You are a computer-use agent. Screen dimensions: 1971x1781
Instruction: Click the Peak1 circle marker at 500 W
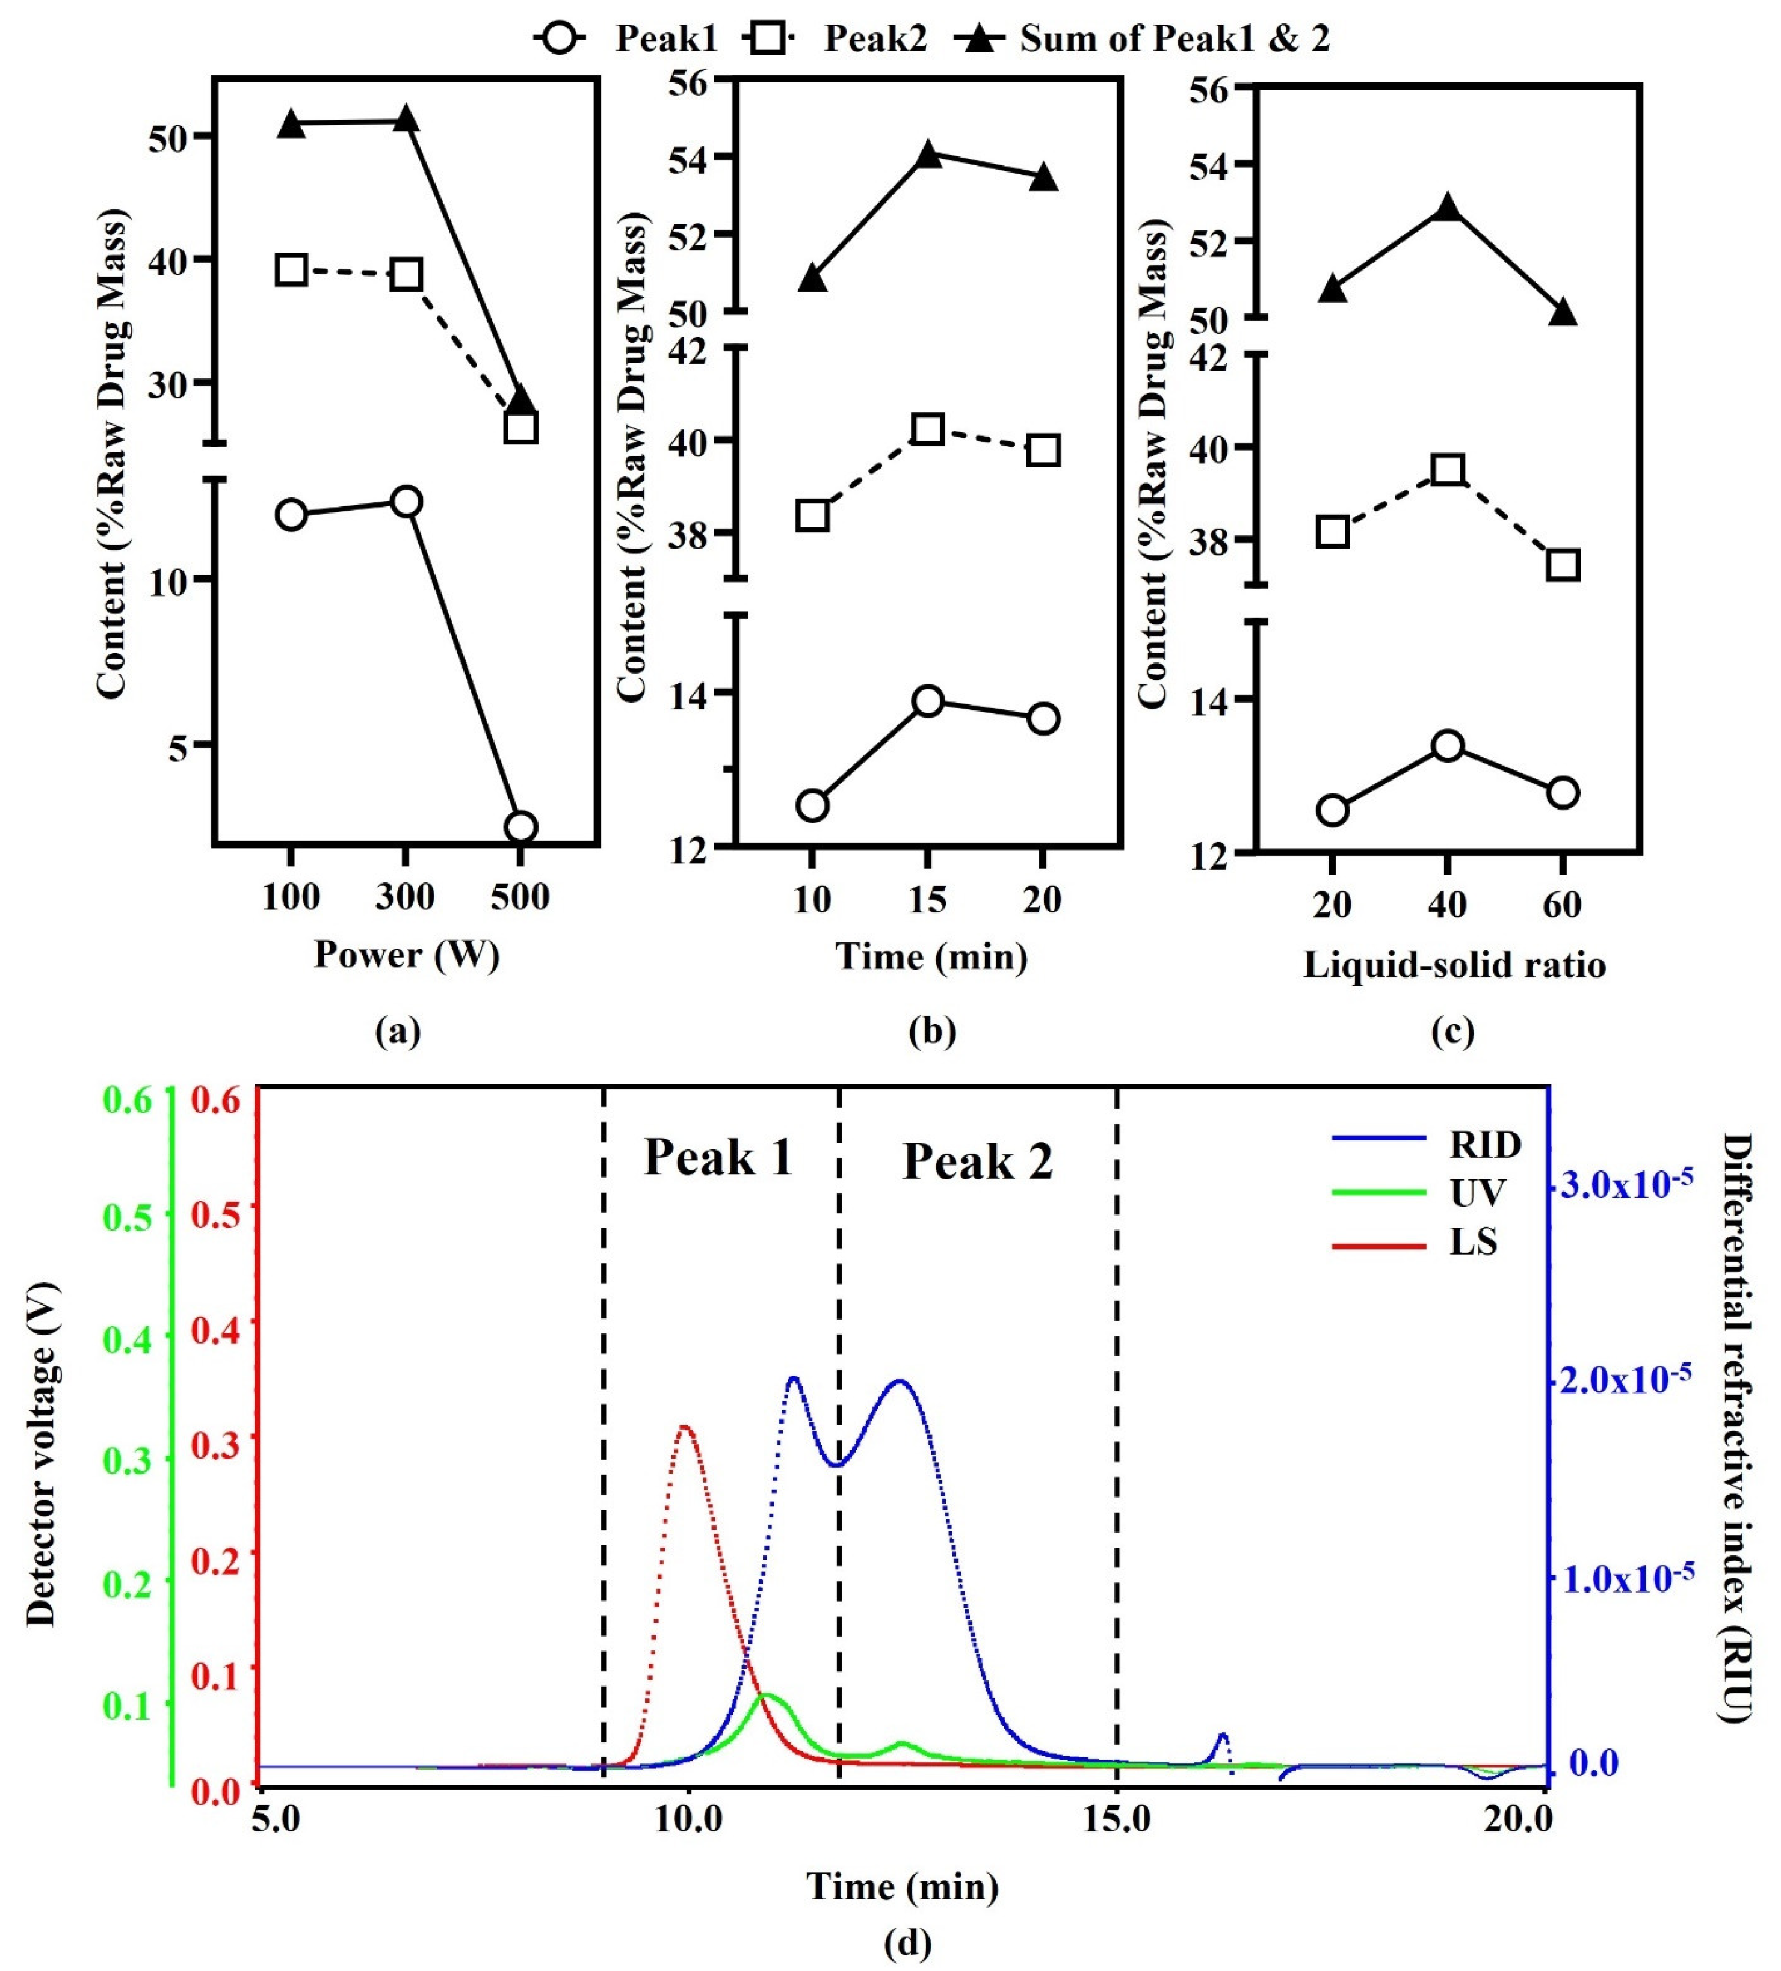pyautogui.click(x=520, y=827)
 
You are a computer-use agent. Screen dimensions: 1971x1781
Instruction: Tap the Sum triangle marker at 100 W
pyautogui.click(x=291, y=124)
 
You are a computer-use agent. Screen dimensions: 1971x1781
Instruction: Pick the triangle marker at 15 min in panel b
pyautogui.click(x=928, y=155)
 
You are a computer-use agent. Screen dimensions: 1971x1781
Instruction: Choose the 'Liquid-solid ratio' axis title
pyautogui.click(x=1453, y=965)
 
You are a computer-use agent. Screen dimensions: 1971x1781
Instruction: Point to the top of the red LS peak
pyautogui.click(x=685, y=1427)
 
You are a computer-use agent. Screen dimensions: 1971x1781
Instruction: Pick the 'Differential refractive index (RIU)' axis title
pyautogui.click(x=1736, y=1427)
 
